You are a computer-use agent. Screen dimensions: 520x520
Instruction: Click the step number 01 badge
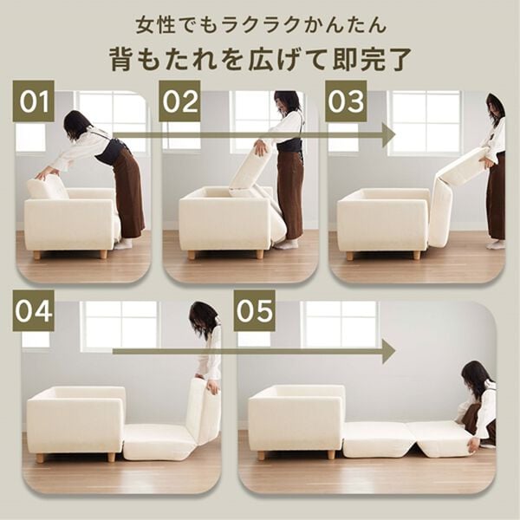pyautogui.click(x=34, y=101)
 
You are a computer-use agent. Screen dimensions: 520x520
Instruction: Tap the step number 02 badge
pyautogui.click(x=179, y=101)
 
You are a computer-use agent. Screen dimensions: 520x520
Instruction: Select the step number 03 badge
pyautogui.click(x=346, y=101)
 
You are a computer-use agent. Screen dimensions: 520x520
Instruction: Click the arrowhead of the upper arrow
pyautogui.click(x=387, y=135)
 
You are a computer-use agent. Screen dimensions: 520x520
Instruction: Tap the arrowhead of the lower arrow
pyautogui.click(x=387, y=350)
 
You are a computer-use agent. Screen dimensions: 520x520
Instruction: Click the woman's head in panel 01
pyautogui.click(x=76, y=124)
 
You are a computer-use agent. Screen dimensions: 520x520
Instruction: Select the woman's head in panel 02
pyautogui.click(x=286, y=104)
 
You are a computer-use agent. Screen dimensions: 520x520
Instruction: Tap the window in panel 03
pyautogui.click(x=425, y=121)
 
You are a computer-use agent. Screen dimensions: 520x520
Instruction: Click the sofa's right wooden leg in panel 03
pyautogui.click(x=416, y=255)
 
